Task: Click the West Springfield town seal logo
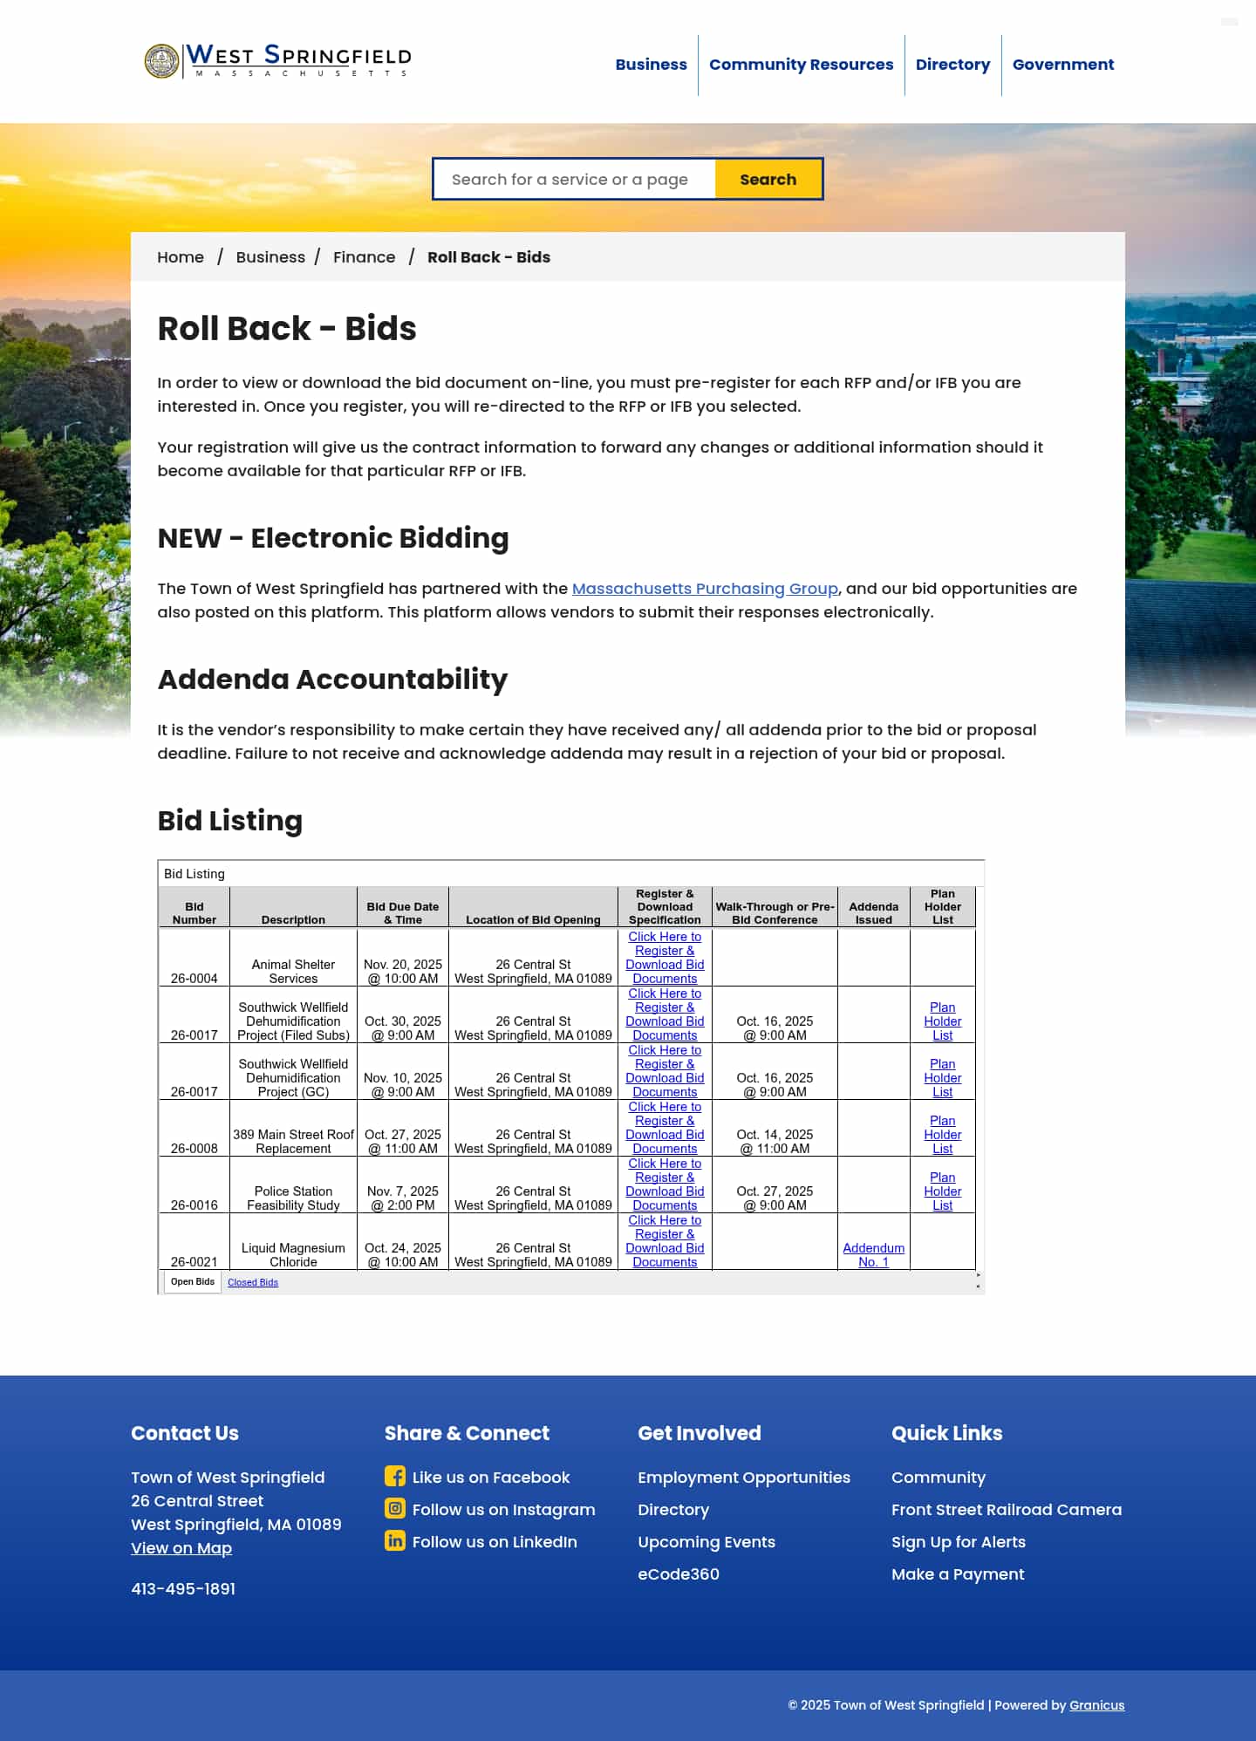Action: tap(161, 61)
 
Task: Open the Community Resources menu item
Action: tap(801, 65)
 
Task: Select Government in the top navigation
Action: tap(1062, 65)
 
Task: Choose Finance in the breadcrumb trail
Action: tap(364, 257)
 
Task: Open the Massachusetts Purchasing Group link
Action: tap(704, 589)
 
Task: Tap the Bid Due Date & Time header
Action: tap(402, 913)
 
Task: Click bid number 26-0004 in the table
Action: tap(195, 979)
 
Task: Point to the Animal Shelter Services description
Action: tap(293, 972)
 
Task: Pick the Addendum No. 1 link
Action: tap(873, 1255)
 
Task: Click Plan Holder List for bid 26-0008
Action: tap(942, 1135)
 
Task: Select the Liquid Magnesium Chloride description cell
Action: tap(293, 1255)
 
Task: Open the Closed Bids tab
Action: tap(253, 1282)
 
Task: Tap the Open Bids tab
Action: tap(193, 1282)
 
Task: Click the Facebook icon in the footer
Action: tap(395, 1476)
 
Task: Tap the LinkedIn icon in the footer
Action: tap(395, 1540)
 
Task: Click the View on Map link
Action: tap(181, 1548)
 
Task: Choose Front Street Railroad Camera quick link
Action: tap(1006, 1510)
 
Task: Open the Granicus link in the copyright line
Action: tap(1096, 1705)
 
